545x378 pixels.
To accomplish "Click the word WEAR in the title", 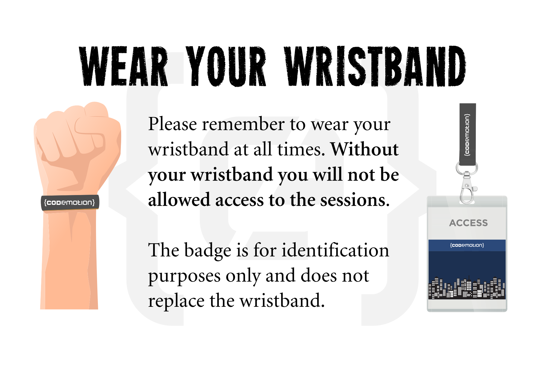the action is (123, 66).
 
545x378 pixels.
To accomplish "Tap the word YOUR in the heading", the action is (226, 66).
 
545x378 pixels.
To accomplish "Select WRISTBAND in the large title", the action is (375, 66).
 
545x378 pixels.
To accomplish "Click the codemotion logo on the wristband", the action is (69, 202).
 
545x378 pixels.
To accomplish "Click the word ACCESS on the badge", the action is (468, 223).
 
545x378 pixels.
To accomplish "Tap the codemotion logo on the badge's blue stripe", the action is (467, 245).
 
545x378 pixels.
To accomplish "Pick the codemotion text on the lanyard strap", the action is (467, 135).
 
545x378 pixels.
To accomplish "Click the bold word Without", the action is (365, 149).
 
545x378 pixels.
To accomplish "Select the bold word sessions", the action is (355, 200).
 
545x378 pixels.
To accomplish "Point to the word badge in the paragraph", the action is (208, 251).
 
